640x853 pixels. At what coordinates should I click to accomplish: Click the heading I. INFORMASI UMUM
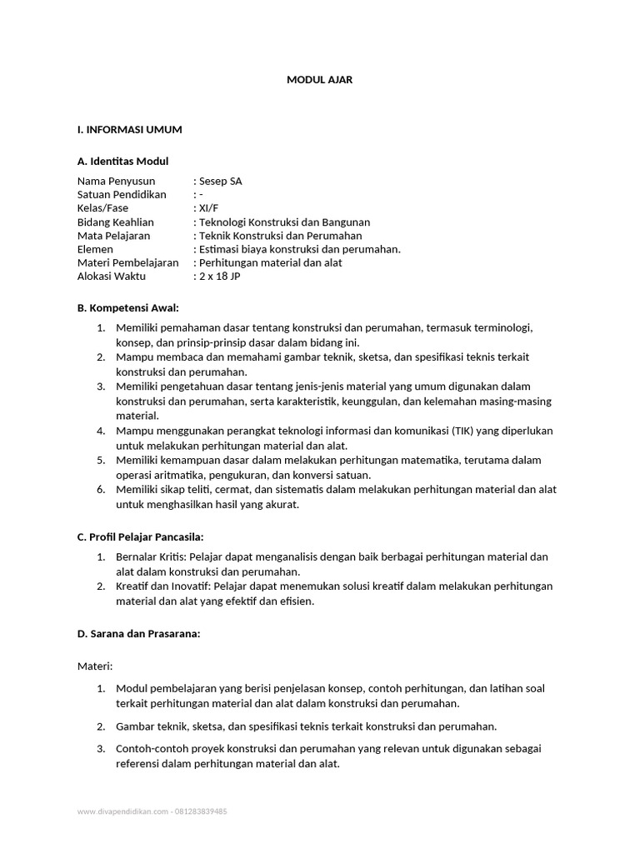pyautogui.click(x=129, y=130)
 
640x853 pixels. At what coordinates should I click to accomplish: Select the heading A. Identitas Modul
pyautogui.click(x=122, y=161)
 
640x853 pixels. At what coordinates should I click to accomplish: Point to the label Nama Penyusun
pyautogui.click(x=116, y=181)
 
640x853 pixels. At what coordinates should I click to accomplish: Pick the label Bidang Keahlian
pyautogui.click(x=117, y=222)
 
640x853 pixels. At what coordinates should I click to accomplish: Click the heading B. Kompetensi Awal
pyautogui.click(x=127, y=307)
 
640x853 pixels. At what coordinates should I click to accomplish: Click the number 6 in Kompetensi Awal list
pyautogui.click(x=100, y=489)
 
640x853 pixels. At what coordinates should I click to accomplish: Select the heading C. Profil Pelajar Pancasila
pyautogui.click(x=140, y=536)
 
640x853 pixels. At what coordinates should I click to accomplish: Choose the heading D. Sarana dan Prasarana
pyautogui.click(x=138, y=634)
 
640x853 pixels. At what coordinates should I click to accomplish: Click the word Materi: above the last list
pyautogui.click(x=94, y=666)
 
